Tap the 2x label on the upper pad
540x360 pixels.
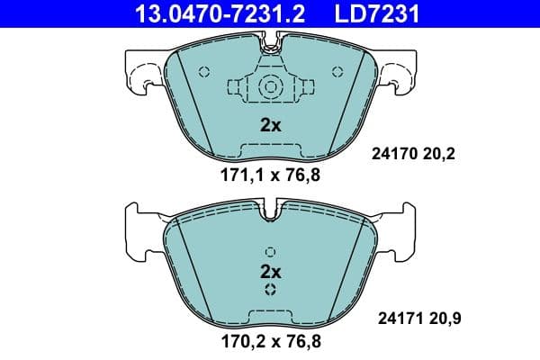pos(270,126)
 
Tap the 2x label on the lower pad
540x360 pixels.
pos(270,271)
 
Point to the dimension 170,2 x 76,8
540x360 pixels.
pos(270,341)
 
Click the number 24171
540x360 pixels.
pos(392,318)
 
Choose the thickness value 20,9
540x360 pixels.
pos(438,318)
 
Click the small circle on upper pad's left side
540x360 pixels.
pos(203,72)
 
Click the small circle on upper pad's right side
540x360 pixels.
pos(337,72)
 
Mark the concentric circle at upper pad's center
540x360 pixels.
pos(270,87)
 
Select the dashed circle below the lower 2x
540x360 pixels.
pos(270,290)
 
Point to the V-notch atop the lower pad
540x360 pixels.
pos(270,215)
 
